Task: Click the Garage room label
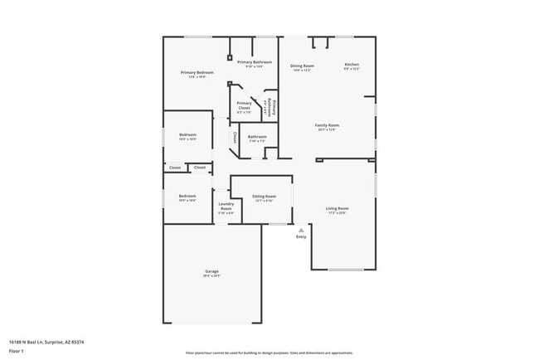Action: [212, 271]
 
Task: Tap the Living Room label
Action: [336, 208]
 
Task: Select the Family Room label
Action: [328, 125]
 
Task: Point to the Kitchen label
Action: [352, 65]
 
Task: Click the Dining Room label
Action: [302, 66]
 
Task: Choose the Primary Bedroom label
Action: [197, 73]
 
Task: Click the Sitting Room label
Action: [263, 197]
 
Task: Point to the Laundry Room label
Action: [226, 206]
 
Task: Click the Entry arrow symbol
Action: [301, 230]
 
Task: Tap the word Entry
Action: [301, 237]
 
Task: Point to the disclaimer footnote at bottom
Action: [269, 353]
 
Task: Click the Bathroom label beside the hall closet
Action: [257, 136]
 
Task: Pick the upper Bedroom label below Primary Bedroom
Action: [187, 134]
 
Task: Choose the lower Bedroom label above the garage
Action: [187, 196]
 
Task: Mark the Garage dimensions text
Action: [212, 275]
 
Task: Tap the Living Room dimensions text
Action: [336, 213]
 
